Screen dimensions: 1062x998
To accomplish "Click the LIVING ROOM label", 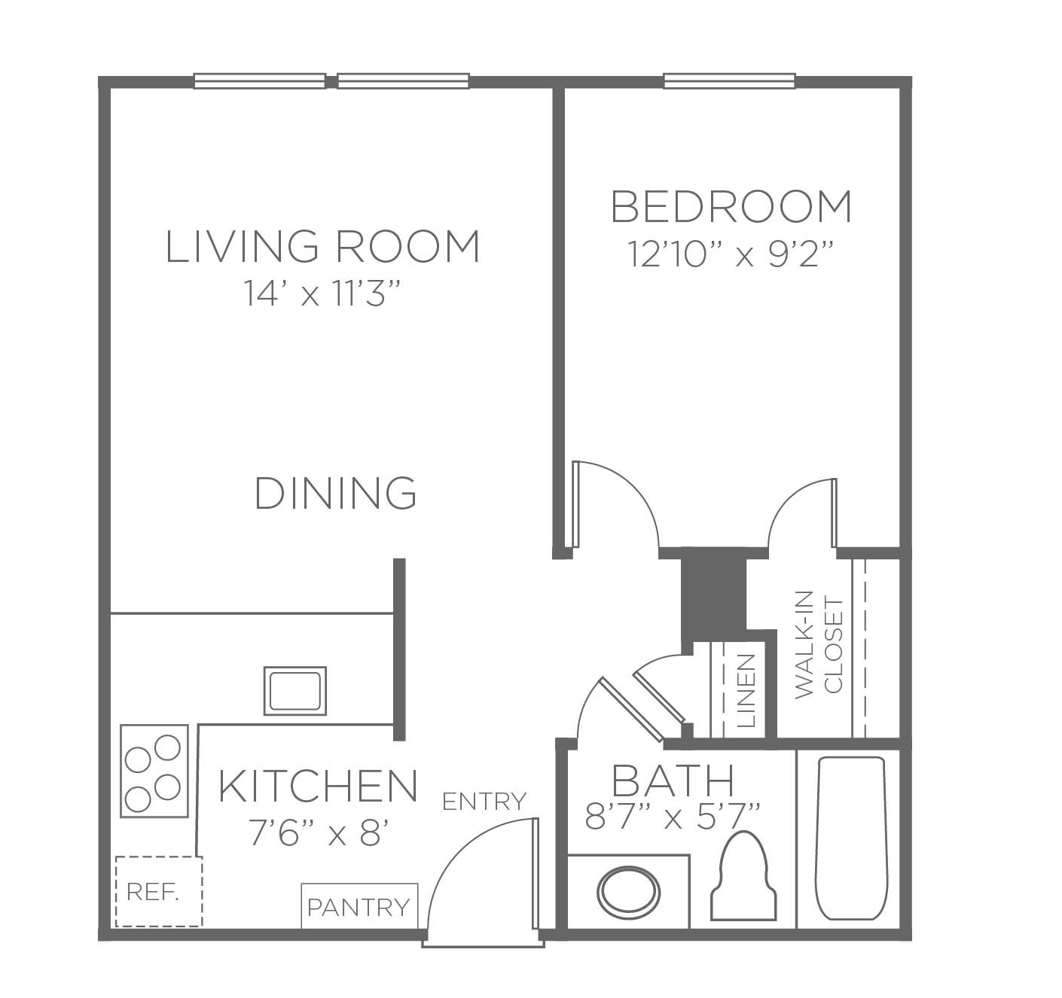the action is [322, 246].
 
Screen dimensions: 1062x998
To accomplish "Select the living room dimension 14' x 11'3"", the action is [322, 293].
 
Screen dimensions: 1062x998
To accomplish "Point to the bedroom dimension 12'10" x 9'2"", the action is [731, 254].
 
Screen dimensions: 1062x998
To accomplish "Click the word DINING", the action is [335, 493].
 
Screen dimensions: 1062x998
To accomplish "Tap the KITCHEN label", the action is [318, 785].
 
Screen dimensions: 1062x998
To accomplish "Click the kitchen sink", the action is [295, 691].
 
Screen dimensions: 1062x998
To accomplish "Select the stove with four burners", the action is [154, 771].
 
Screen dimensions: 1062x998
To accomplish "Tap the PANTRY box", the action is [359, 906].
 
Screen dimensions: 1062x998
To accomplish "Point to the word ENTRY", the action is [484, 802].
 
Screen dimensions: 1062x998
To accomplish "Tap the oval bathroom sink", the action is [629, 892].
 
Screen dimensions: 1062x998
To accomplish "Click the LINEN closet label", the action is [746, 691].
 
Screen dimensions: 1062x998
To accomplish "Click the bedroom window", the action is [730, 81].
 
